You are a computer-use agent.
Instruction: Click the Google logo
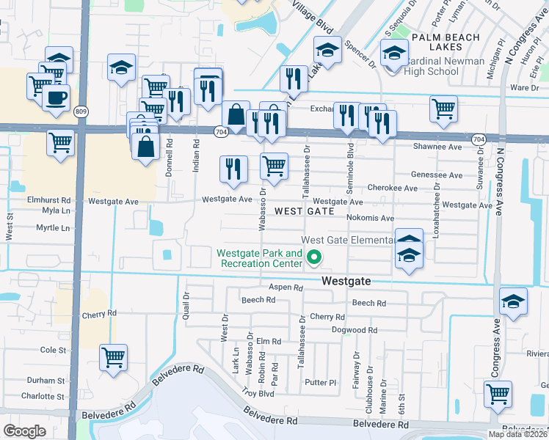24,431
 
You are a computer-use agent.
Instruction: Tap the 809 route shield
80,111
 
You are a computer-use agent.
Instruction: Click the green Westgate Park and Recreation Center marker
315,257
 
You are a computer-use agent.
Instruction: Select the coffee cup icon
56,97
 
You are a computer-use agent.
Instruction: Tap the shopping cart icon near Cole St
113,358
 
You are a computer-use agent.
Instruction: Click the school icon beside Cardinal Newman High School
394,54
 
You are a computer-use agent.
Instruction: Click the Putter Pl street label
320,383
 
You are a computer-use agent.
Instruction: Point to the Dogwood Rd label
354,331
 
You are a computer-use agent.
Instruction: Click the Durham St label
46,381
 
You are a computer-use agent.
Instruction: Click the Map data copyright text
518,434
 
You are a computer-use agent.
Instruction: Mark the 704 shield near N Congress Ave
479,139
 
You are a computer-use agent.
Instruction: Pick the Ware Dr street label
524,87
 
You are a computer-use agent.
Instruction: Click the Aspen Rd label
286,288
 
